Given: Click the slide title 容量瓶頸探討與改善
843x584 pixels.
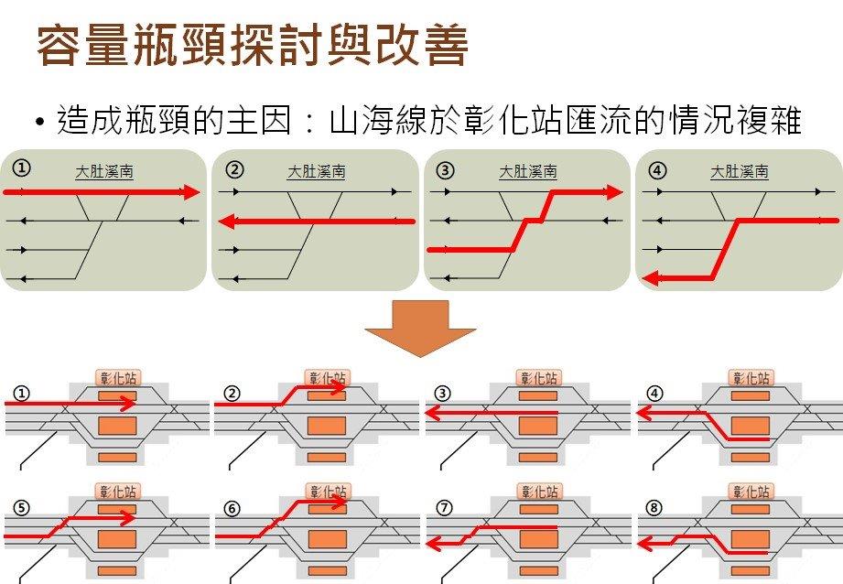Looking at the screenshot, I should [252, 46].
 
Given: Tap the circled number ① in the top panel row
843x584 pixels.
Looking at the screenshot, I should [21, 169].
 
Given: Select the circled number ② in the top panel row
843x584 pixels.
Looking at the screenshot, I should [234, 169].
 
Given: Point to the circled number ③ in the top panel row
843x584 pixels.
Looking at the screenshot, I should [446, 169].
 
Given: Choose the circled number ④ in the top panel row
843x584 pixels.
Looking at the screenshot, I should [657, 169].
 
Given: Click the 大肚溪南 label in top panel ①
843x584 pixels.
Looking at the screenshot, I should [104, 171].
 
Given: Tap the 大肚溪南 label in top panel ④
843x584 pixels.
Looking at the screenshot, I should [740, 171].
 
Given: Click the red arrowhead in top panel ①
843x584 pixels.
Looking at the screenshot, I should [191, 192].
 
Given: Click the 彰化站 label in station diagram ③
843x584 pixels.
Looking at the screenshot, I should [538, 377].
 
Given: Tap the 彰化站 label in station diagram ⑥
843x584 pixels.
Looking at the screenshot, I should [327, 492].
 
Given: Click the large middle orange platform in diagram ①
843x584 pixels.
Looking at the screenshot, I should [116, 426].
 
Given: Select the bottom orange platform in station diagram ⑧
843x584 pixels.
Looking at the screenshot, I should [749, 570].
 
